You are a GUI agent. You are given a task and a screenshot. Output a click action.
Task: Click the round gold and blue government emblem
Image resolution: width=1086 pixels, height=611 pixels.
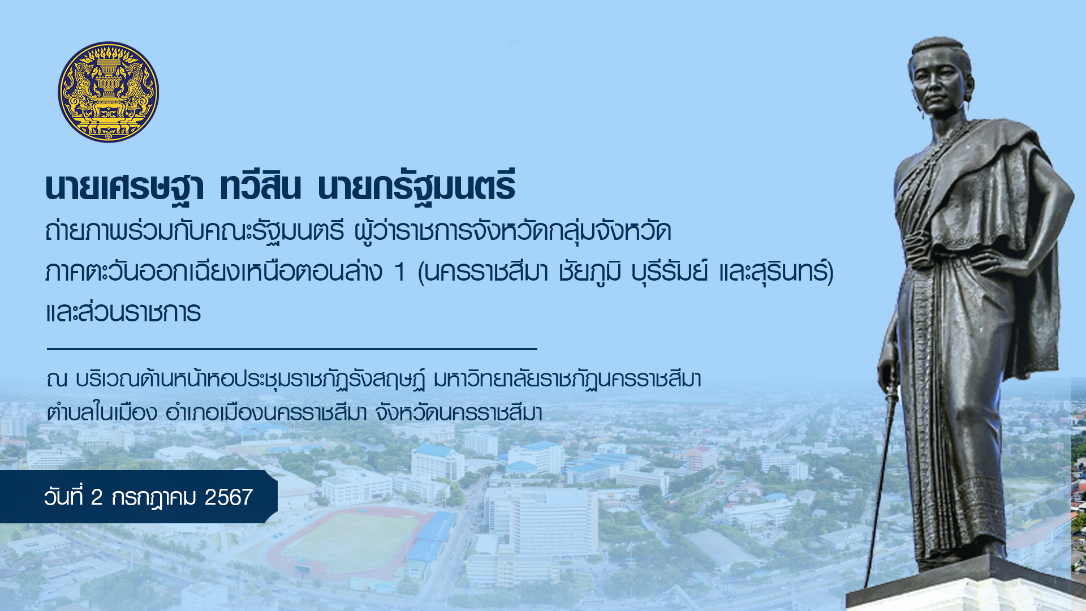pyautogui.click(x=108, y=92)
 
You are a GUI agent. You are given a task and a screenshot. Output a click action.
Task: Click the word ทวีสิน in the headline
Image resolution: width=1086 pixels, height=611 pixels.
pyautogui.click(x=260, y=187)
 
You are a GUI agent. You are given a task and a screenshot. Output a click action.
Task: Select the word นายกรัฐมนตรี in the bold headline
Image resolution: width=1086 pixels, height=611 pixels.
pyautogui.click(x=416, y=187)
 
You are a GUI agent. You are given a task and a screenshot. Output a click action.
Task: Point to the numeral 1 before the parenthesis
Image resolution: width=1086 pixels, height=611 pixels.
pyautogui.click(x=400, y=272)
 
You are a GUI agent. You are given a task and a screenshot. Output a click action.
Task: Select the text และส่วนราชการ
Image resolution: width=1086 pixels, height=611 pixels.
pyautogui.click(x=123, y=312)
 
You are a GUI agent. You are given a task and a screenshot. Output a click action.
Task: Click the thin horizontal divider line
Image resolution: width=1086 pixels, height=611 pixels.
pyautogui.click(x=292, y=349)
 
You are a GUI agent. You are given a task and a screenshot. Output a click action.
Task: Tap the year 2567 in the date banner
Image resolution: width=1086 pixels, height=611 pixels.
pyautogui.click(x=229, y=497)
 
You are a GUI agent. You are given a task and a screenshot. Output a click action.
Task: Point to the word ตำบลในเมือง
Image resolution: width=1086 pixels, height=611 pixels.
pyautogui.click(x=102, y=412)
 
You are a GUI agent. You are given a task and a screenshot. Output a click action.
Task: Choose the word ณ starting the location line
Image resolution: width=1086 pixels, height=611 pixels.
pyautogui.click(x=57, y=380)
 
